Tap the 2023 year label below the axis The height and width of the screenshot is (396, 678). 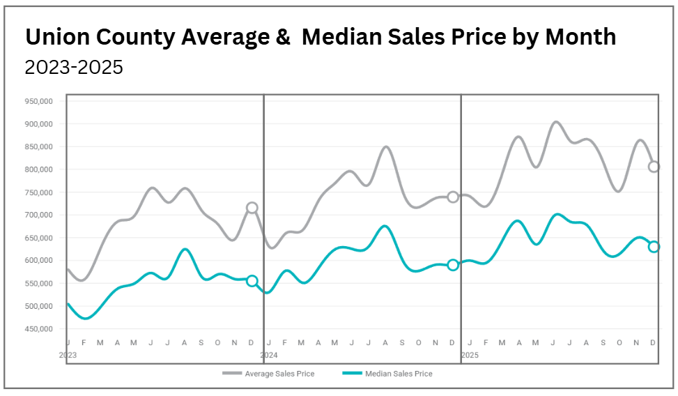(x=68, y=355)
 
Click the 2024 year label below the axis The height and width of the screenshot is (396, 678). (x=269, y=355)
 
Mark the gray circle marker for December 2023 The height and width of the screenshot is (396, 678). (x=252, y=208)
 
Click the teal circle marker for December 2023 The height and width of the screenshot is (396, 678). (x=252, y=281)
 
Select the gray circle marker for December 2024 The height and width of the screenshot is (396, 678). (x=453, y=197)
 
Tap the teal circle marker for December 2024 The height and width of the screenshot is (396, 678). (x=453, y=265)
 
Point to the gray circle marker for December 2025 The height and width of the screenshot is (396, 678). (x=654, y=167)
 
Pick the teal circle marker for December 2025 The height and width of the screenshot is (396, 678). (x=654, y=247)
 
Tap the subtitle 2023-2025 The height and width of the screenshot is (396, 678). (x=74, y=68)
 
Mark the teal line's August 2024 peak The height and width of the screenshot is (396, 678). (x=385, y=226)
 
